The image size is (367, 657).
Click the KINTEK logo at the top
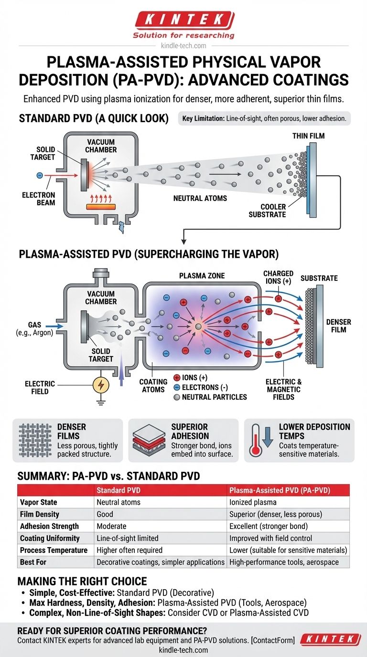point(183,20)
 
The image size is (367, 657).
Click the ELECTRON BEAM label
point(38,199)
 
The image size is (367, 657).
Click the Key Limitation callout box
point(264,118)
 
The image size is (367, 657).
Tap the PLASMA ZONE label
point(202,276)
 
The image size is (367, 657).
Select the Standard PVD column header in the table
point(117,490)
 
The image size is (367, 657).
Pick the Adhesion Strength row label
point(49,526)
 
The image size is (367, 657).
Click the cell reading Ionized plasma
point(253,502)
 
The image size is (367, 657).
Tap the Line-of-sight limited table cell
point(128,538)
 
